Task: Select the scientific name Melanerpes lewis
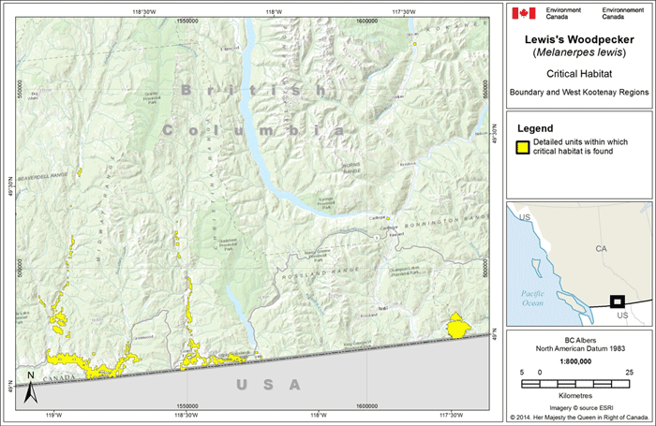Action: [x=575, y=53]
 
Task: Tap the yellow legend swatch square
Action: [x=521, y=146]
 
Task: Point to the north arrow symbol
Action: [x=30, y=377]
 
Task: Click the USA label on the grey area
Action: [x=269, y=385]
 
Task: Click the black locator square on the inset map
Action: [x=617, y=301]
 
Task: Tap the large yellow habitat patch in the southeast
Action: [x=458, y=327]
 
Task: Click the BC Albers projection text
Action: [x=575, y=338]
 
